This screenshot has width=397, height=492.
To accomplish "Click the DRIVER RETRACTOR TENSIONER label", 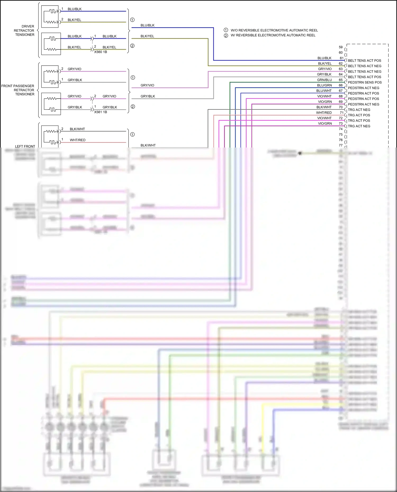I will pyautogui.click(x=24, y=30).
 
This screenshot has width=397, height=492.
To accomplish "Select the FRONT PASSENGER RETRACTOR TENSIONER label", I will pyautogui.click(x=18, y=90).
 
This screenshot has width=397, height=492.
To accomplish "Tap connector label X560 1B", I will pyautogui.click(x=101, y=52).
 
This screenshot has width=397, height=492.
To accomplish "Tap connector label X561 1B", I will pyautogui.click(x=101, y=112).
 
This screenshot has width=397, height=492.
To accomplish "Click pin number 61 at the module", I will pyautogui.click(x=341, y=58).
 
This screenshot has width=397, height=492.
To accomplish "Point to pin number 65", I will pyautogui.click(x=341, y=80).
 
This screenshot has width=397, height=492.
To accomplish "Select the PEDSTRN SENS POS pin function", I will pyautogui.click(x=364, y=82).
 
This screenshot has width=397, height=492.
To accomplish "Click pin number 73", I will pyautogui.click(x=341, y=123).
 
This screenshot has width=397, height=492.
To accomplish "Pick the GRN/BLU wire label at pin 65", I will pyautogui.click(x=324, y=80).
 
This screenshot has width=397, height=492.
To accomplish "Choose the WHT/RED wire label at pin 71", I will pyautogui.click(x=324, y=113).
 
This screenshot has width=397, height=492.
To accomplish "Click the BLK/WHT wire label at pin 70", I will pyautogui.click(x=324, y=107).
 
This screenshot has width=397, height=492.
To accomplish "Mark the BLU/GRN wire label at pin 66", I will pyautogui.click(x=324, y=85).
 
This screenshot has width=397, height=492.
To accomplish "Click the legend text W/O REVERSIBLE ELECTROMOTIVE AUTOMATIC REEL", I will pyautogui.click(x=274, y=30).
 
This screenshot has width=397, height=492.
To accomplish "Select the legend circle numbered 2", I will pyautogui.click(x=226, y=35).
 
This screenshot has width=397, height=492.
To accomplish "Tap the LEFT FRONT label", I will pyautogui.click(x=25, y=146).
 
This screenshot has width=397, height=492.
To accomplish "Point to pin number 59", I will pyautogui.click(x=341, y=47).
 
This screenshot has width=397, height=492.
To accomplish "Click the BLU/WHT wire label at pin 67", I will pyautogui.click(x=324, y=91).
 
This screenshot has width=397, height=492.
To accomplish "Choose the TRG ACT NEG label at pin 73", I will pyautogui.click(x=359, y=126).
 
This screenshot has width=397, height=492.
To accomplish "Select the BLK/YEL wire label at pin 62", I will pyautogui.click(x=324, y=63).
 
